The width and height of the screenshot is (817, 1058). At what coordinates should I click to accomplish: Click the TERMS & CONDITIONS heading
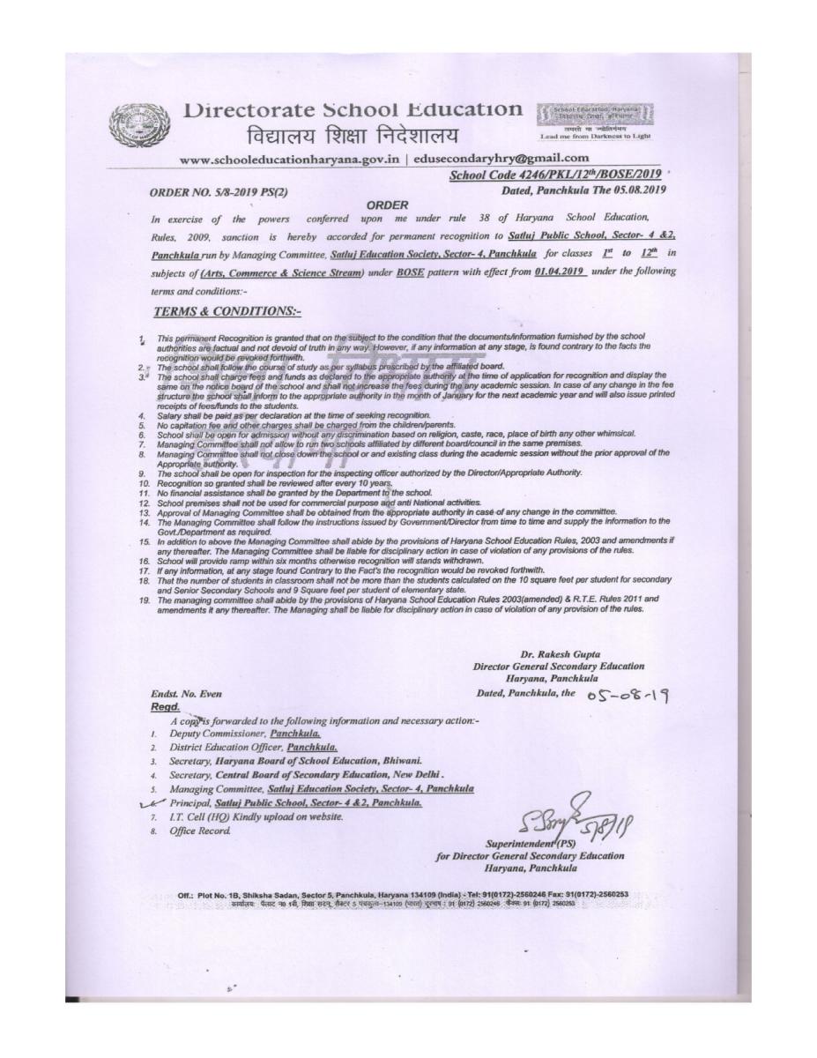(227, 311)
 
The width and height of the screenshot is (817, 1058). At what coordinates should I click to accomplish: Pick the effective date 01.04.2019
(560, 272)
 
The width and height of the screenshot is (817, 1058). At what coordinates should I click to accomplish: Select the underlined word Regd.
(166, 706)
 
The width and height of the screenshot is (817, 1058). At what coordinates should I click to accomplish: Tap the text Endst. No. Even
(182, 695)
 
